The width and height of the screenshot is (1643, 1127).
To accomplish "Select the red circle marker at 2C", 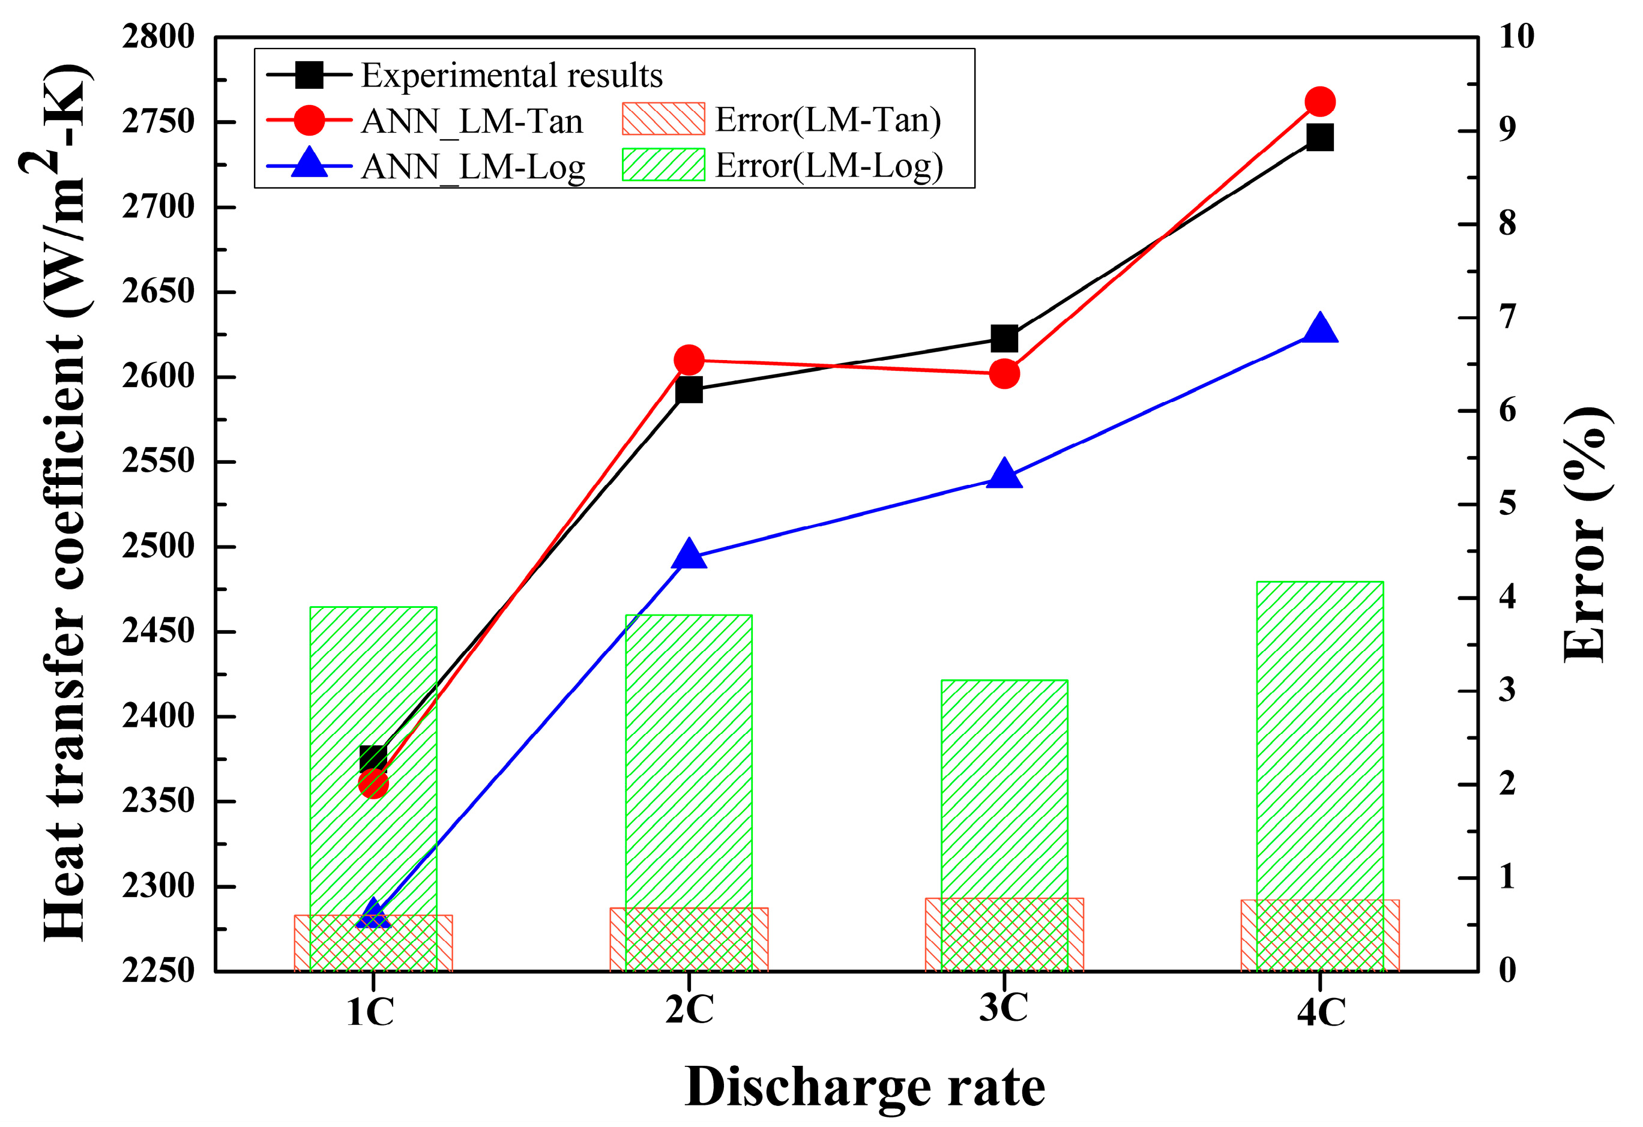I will (x=689, y=360).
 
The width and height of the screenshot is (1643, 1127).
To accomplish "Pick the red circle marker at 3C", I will (x=1004, y=373).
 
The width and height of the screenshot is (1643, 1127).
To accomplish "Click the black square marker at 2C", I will (x=689, y=390).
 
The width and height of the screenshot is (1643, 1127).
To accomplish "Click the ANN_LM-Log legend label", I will (x=473, y=167).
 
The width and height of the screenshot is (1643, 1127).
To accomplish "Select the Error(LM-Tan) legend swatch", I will (x=663, y=119).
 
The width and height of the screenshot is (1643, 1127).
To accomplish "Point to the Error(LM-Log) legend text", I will (x=828, y=166).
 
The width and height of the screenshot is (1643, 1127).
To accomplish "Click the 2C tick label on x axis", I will (x=689, y=1011).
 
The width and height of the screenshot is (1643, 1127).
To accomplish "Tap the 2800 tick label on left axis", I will (x=158, y=37).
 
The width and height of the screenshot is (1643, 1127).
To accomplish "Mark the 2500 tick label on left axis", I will (x=158, y=546).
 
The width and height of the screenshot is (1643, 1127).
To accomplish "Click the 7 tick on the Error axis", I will (x=1507, y=317).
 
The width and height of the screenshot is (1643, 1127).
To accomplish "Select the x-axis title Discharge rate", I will (x=864, y=1087).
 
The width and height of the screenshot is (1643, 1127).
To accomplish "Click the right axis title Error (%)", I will (x=1588, y=535).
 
